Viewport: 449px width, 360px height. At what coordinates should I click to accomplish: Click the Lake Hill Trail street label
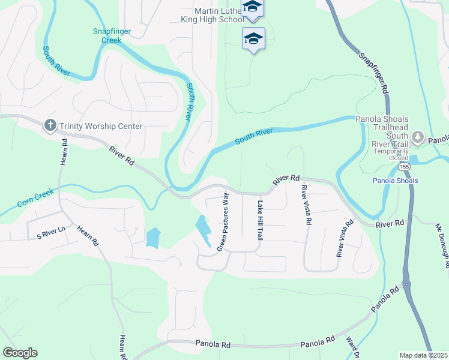pos(261,220)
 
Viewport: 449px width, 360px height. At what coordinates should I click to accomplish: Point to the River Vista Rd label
pos(306,205)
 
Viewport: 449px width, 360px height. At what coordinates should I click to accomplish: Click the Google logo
pos(20,353)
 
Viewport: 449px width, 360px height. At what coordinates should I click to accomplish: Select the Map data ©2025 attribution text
pos(424,355)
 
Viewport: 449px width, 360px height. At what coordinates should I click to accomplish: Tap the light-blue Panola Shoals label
pos(395,181)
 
